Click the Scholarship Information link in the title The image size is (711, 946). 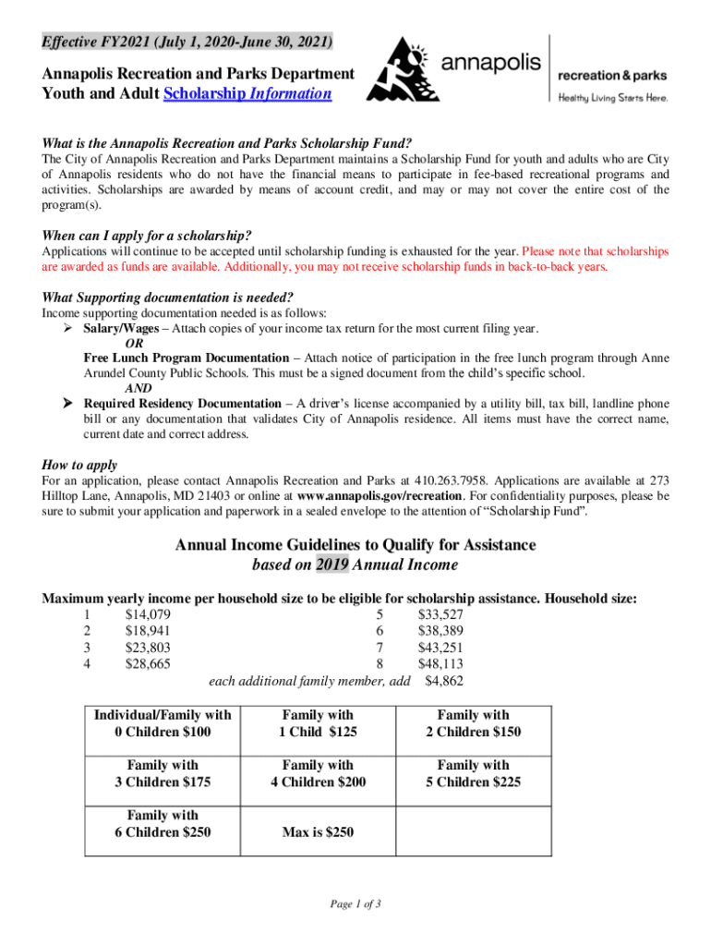click(247, 93)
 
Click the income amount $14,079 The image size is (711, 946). click(148, 614)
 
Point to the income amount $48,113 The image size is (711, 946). click(440, 664)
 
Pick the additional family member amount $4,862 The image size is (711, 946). click(443, 682)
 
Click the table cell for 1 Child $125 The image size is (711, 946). click(318, 723)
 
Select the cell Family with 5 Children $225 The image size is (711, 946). click(473, 773)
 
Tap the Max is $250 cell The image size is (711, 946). click(318, 831)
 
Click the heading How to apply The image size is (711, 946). click(80, 465)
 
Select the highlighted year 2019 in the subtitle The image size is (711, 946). click(332, 564)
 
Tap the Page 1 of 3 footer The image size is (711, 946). click(355, 904)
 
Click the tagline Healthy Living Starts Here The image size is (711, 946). click(611, 97)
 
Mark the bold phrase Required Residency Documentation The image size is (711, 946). click(182, 404)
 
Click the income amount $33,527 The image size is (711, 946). click(440, 614)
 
